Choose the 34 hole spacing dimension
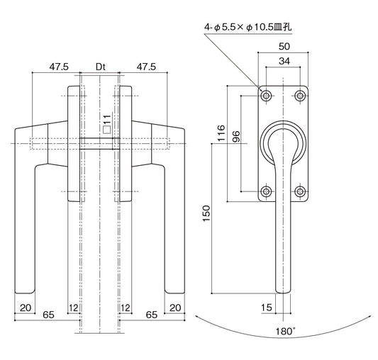point(284,61)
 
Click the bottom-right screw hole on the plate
point(301,191)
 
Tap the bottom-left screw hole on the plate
point(266,191)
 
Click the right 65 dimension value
point(151,313)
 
